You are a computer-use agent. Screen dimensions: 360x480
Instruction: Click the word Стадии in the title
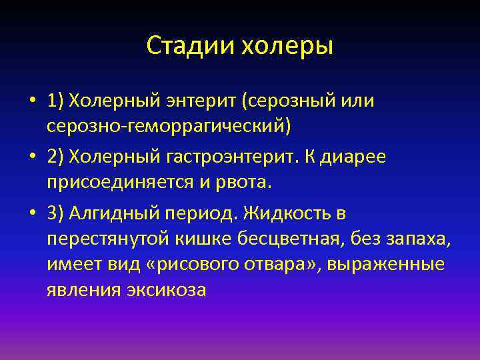[183, 46]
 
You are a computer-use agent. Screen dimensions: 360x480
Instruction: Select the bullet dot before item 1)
[32, 101]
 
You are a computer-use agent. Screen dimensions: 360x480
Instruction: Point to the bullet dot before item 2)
[32, 157]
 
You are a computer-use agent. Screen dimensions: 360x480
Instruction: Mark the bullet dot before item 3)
[32, 213]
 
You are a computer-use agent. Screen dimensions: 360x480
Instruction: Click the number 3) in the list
[57, 213]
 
